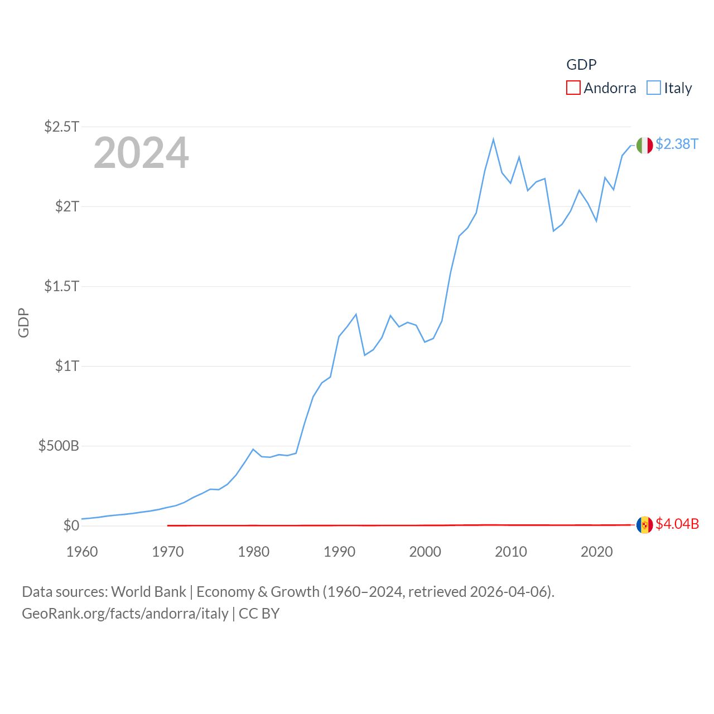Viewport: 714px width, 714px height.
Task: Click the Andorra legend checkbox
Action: click(x=573, y=88)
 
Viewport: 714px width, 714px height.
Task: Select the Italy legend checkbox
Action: click(x=654, y=88)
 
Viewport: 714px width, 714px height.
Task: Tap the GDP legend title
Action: click(x=581, y=65)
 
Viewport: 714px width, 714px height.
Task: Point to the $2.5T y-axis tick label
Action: click(x=61, y=127)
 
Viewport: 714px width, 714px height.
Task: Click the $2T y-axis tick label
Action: click(x=67, y=206)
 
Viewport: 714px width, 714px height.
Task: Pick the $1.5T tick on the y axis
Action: click(x=61, y=286)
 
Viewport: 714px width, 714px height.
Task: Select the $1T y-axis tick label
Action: click(x=67, y=366)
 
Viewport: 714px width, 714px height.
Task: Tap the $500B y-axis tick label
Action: click(x=59, y=446)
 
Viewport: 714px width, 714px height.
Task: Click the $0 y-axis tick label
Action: click(x=71, y=525)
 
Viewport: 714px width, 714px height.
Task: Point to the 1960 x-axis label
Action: click(x=82, y=552)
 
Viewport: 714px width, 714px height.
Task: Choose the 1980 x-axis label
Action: click(x=254, y=552)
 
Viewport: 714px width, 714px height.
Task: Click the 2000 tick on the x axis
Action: click(x=425, y=552)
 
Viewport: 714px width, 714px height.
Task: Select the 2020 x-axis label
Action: click(x=597, y=552)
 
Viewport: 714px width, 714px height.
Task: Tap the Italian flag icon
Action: click(x=645, y=145)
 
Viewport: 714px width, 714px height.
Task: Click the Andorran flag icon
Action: click(x=645, y=525)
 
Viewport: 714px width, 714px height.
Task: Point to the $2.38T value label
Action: click(x=677, y=144)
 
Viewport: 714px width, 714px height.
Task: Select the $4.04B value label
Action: click(x=677, y=524)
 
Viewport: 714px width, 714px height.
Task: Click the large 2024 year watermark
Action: click(x=141, y=153)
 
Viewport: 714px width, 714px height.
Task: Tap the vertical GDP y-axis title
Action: click(x=23, y=323)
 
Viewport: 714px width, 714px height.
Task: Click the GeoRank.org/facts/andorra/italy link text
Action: click(x=125, y=614)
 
